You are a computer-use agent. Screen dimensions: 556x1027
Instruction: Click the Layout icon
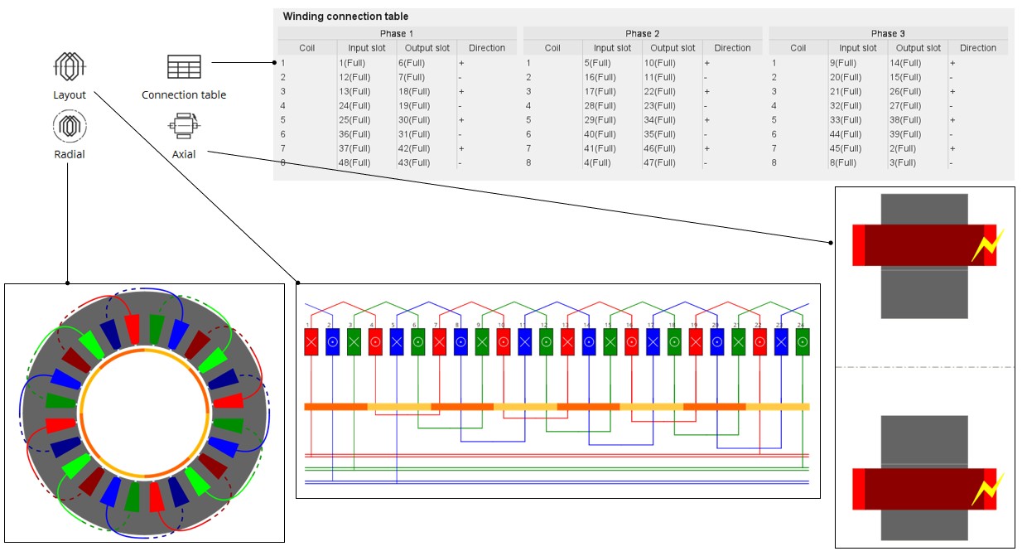[70, 65]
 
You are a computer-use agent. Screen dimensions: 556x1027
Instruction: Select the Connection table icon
[184, 67]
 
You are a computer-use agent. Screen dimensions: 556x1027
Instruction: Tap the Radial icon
[70, 126]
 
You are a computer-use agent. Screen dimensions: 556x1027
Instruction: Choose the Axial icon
[183, 127]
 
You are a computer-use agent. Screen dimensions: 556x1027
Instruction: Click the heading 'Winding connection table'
[345, 17]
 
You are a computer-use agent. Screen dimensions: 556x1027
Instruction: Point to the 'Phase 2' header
[642, 33]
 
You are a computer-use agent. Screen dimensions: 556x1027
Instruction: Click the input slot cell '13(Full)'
[354, 91]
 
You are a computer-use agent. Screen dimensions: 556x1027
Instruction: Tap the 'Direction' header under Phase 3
[977, 48]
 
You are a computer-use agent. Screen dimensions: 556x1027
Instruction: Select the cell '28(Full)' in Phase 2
[600, 105]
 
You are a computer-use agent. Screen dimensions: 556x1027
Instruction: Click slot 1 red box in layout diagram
[311, 341]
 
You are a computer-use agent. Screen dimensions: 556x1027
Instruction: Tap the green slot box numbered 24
[802, 341]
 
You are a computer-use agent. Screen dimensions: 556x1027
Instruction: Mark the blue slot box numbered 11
[524, 341]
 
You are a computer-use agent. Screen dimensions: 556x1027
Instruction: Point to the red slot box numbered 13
[567, 341]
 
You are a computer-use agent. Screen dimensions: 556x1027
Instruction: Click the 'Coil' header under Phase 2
[552, 48]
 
